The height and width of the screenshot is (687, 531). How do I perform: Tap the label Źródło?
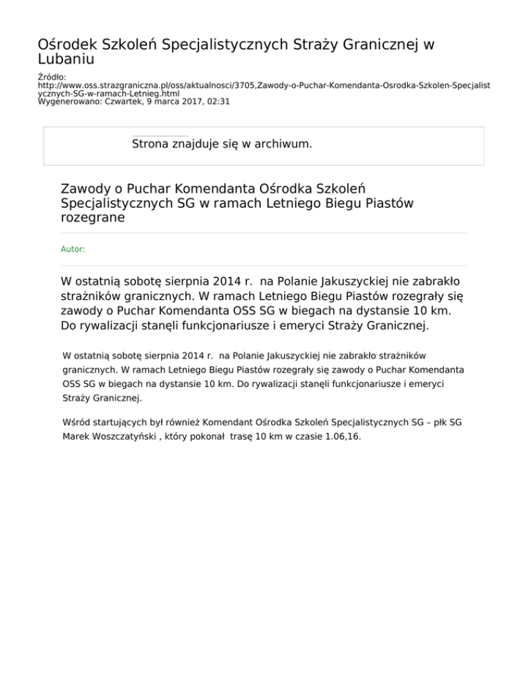[51, 76]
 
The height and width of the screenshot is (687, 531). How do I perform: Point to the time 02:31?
[218, 101]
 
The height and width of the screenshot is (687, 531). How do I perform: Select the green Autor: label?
[73, 249]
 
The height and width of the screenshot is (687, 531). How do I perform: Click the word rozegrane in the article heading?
[93, 217]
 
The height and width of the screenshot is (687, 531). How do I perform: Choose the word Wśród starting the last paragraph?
[75, 422]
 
